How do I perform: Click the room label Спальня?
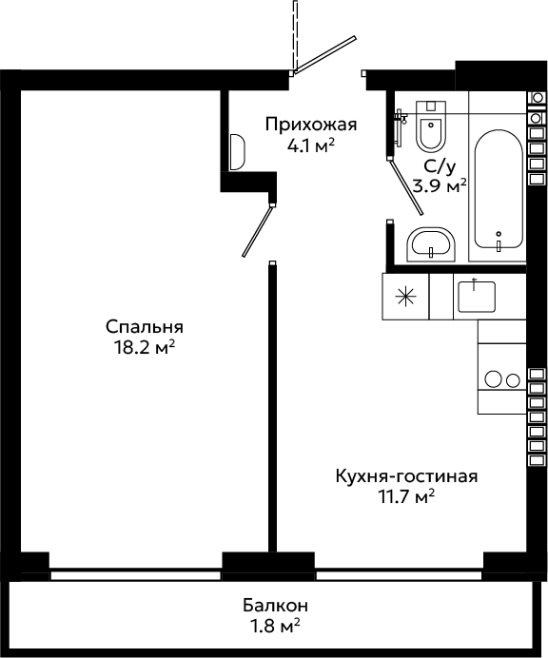click(144, 327)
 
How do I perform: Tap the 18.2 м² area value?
click(144, 347)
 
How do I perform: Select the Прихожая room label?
click(311, 126)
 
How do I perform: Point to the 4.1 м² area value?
click(311, 145)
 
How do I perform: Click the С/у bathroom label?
click(440, 167)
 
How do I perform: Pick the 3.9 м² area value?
click(440, 185)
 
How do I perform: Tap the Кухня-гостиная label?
click(406, 476)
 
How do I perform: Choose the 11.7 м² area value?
click(406, 497)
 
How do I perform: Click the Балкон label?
click(276, 606)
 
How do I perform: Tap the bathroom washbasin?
click(431, 244)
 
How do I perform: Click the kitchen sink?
click(477, 297)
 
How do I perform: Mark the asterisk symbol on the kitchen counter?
click(405, 297)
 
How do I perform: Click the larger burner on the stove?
click(494, 379)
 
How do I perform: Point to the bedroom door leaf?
click(258, 230)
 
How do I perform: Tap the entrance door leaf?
click(325, 54)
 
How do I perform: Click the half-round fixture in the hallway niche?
click(237, 152)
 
